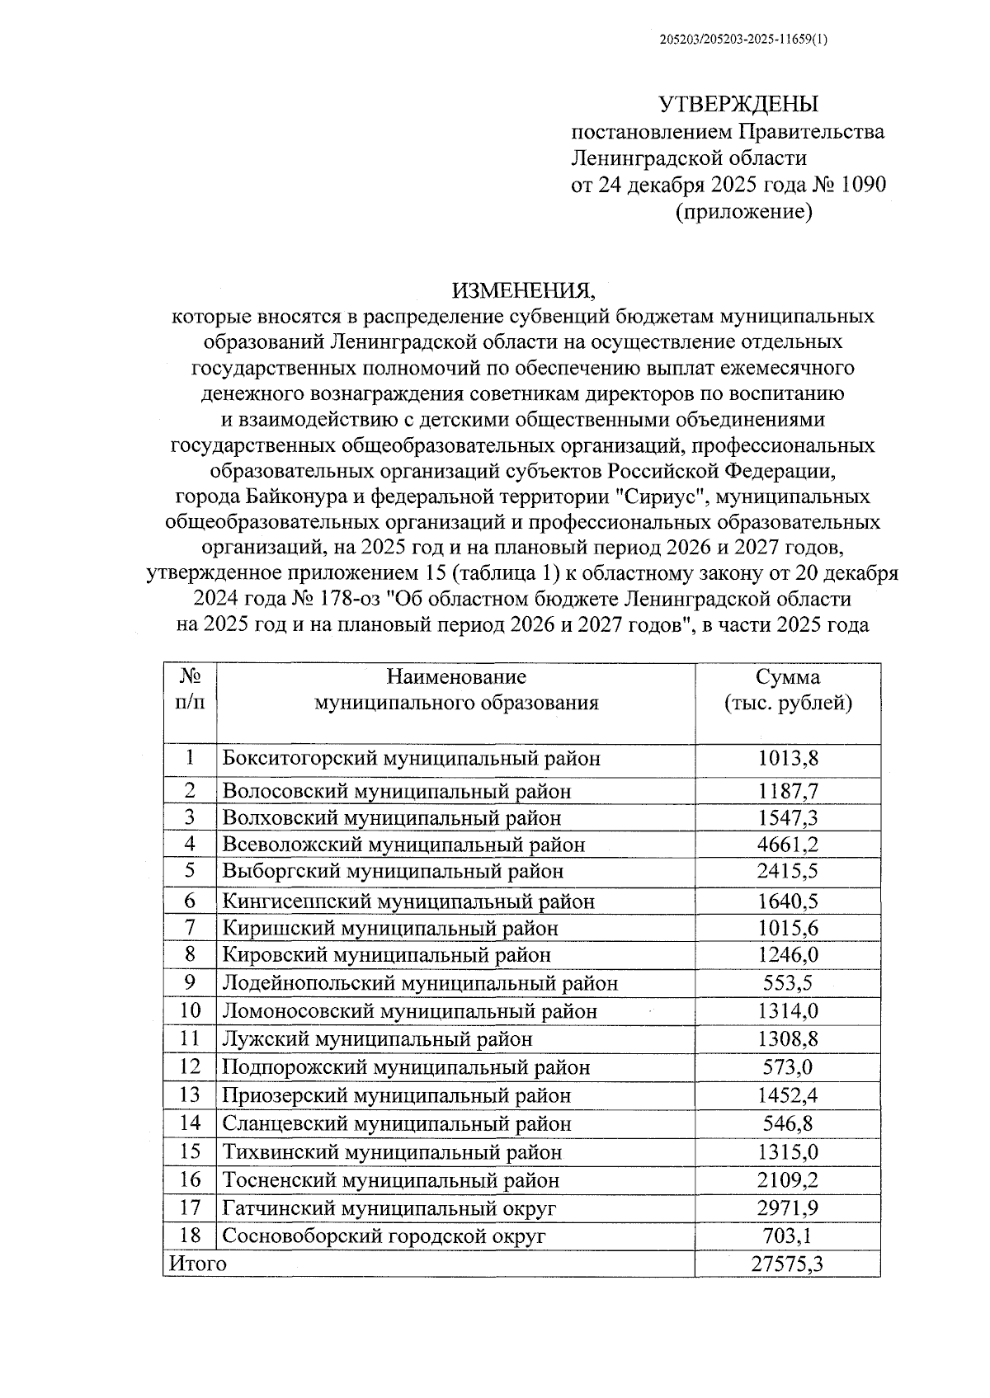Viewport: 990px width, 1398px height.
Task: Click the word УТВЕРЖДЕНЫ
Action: coord(738,105)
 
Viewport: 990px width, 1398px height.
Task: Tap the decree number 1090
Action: coord(863,184)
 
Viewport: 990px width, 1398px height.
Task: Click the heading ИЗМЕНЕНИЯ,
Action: coord(522,289)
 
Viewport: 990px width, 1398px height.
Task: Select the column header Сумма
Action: coord(788,677)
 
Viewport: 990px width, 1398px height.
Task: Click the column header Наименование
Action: coord(456,677)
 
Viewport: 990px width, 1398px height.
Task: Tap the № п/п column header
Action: coord(190,690)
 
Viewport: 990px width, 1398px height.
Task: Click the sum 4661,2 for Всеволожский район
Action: coord(788,845)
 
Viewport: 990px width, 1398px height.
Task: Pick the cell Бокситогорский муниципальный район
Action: coord(412,758)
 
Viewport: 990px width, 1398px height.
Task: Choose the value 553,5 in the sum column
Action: coord(788,983)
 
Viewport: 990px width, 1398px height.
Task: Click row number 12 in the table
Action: coord(190,1067)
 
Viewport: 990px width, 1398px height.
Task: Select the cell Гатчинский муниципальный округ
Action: coord(389,1208)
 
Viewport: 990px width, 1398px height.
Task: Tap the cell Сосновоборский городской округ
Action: coord(384,1236)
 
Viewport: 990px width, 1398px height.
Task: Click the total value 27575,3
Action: coord(788,1264)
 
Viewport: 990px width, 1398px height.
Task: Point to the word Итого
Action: coord(197,1264)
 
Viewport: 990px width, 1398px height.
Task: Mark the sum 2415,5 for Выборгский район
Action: coord(788,871)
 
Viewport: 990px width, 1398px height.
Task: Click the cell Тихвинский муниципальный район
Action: coord(393,1152)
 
